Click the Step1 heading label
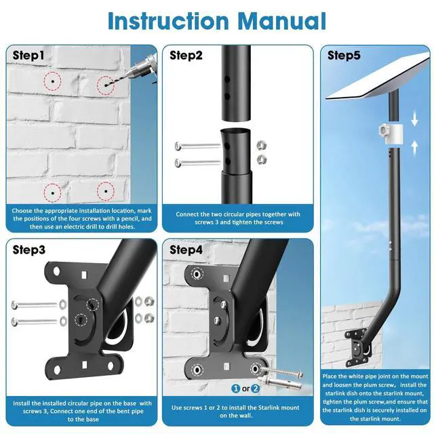pyautogui.click(x=28, y=56)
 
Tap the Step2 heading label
pyautogui.click(x=186, y=56)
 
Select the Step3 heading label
pyautogui.click(x=28, y=250)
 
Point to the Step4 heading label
pyautogui.click(x=186, y=250)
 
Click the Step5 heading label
pyautogui.click(x=344, y=56)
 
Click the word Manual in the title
pyautogui.click(x=282, y=21)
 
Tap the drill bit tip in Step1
pyautogui.click(x=106, y=85)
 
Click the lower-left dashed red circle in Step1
pyautogui.click(x=53, y=193)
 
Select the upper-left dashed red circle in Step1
pyautogui.click(x=53, y=81)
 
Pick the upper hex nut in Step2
pyautogui.click(x=262, y=145)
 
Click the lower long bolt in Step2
pyautogui.click(x=197, y=163)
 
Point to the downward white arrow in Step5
pyautogui.click(x=414, y=119)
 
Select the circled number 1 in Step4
pyautogui.click(x=235, y=389)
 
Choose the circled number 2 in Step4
pyautogui.click(x=255, y=389)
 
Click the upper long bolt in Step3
pyautogui.click(x=35, y=305)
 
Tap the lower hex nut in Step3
pyautogui.click(x=149, y=318)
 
